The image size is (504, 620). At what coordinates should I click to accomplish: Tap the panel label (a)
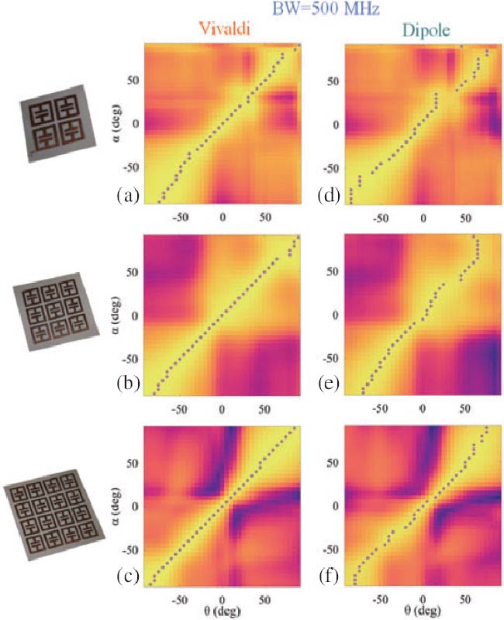click(128, 196)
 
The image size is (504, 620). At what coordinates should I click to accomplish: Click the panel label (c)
click(128, 576)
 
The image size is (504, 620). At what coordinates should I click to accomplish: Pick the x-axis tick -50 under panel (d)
click(381, 219)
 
